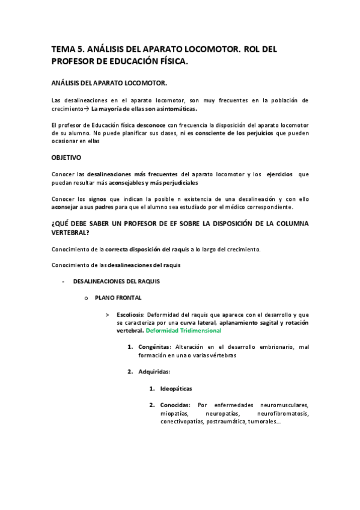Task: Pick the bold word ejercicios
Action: (x=279, y=174)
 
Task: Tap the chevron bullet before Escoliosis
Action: (x=107, y=314)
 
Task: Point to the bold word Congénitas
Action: (x=154, y=347)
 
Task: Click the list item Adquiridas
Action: (x=154, y=371)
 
